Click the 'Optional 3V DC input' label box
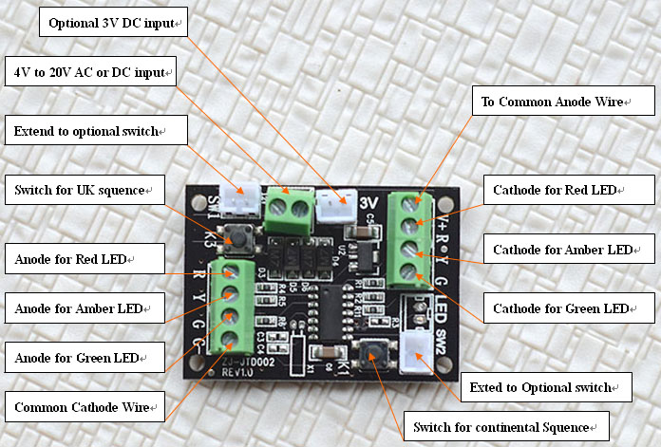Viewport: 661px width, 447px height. pyautogui.click(x=113, y=22)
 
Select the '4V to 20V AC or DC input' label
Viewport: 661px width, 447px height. pyautogui.click(x=90, y=71)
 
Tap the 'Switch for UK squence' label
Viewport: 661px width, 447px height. pyautogui.click(x=85, y=190)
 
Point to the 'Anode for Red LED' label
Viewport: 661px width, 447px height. pyautogui.click(x=85, y=259)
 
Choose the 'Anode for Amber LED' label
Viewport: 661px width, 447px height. pyautogui.click(x=85, y=308)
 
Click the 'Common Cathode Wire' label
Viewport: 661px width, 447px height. pyautogui.click(x=85, y=407)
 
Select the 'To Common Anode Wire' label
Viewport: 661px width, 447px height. pyautogui.click(x=563, y=102)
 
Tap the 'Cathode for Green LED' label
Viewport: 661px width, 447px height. pyautogui.click(x=569, y=308)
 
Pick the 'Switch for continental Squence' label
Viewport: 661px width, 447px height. pyautogui.click(x=506, y=427)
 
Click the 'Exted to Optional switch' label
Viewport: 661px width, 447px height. pyautogui.click(x=546, y=387)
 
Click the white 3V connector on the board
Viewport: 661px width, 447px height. pyautogui.click(x=336, y=206)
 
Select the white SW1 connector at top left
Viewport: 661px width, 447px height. pyautogui.click(x=240, y=199)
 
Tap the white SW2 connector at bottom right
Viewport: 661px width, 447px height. pyautogui.click(x=416, y=352)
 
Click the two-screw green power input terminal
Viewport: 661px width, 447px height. pyautogui.click(x=289, y=211)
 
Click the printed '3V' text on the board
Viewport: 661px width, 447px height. pyautogui.click(x=368, y=203)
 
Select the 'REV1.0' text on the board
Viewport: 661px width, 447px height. pyautogui.click(x=237, y=373)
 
